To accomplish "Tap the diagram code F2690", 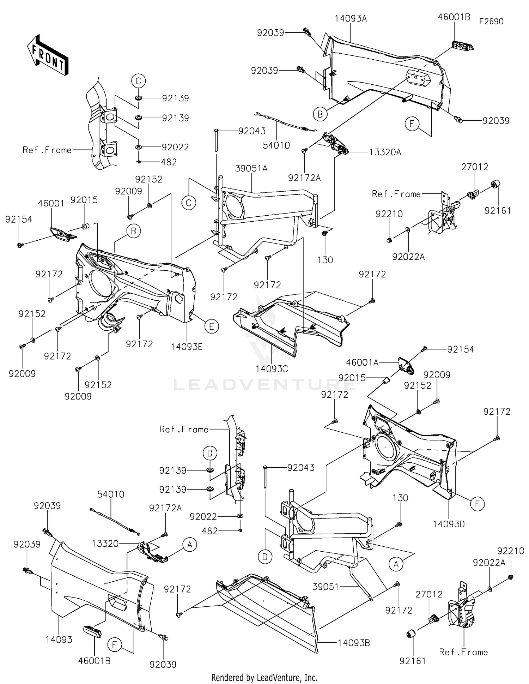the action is click(491, 22).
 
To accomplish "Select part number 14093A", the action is click(351, 19).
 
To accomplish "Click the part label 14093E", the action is click(187, 347).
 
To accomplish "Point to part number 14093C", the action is click(272, 369).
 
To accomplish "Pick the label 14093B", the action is click(354, 643).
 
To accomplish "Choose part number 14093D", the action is click(449, 524).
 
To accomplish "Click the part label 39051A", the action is click(251, 169).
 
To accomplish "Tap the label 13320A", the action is click(385, 152).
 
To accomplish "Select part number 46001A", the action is click(362, 362).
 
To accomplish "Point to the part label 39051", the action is click(326, 587).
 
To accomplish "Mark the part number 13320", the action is click(105, 544).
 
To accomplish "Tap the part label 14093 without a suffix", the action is click(59, 640).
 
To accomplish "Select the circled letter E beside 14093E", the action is click(212, 326).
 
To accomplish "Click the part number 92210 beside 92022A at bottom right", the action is click(511, 551).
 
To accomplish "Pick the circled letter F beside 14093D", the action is click(477, 504).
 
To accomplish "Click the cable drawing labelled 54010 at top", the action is click(286, 122).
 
